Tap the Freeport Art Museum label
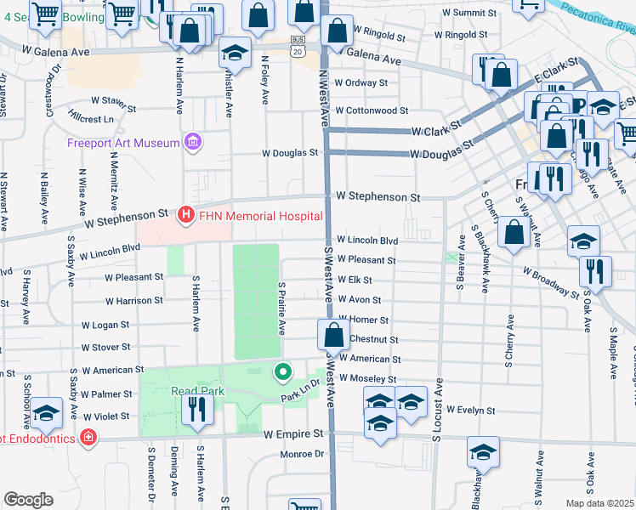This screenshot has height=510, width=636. pyautogui.click(x=123, y=142)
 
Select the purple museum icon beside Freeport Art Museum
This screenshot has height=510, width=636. pyautogui.click(x=193, y=141)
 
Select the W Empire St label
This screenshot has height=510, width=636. pyautogui.click(x=294, y=433)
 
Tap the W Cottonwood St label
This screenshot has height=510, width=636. pyautogui.click(x=372, y=110)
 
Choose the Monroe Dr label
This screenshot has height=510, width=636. pyautogui.click(x=303, y=454)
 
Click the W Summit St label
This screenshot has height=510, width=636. pyautogui.click(x=463, y=14)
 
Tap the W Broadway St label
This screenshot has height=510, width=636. pyautogui.click(x=550, y=283)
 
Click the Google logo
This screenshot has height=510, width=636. pyautogui.click(x=28, y=500)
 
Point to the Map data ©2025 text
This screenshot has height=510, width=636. pyautogui.click(x=599, y=503)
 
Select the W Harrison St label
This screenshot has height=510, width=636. pyautogui.click(x=134, y=301)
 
